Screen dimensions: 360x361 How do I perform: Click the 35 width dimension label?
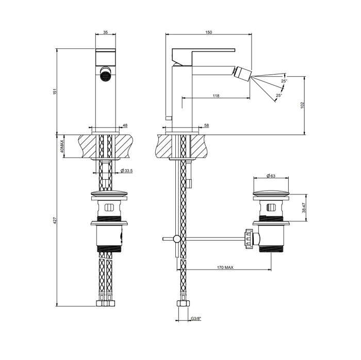click(106, 32)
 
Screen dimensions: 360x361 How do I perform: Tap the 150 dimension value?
click(208, 32)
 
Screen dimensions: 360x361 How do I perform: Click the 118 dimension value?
click(216, 96)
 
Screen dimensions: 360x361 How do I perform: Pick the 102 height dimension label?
click(303, 105)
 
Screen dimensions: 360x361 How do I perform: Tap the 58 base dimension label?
click(206, 125)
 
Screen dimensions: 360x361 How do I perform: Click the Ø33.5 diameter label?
click(127, 170)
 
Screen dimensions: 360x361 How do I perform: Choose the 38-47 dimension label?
click(304, 207)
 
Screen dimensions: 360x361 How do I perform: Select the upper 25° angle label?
click(284, 81)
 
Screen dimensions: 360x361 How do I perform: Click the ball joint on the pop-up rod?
click(177, 238)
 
